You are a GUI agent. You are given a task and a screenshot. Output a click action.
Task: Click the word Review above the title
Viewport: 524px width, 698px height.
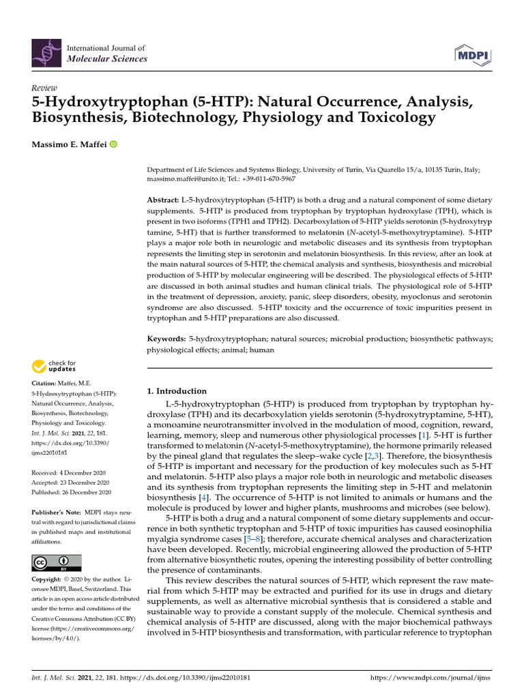pyautogui.click(x=45, y=89)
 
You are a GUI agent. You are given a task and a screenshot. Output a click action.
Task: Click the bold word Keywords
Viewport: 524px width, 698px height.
pyautogui.click(x=166, y=339)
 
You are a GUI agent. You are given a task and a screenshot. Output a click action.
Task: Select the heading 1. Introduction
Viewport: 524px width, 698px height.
pyautogui.click(x=177, y=391)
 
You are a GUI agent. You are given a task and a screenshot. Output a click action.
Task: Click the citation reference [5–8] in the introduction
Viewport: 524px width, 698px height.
pyautogui.click(x=256, y=539)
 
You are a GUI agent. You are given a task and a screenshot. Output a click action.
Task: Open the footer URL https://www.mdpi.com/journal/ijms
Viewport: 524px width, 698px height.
pyautogui.click(x=430, y=679)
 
